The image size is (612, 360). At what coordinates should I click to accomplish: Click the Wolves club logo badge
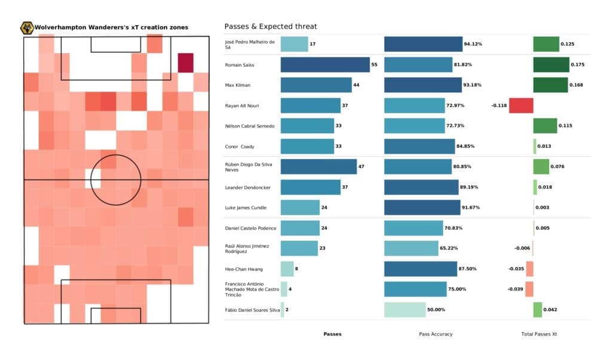click(27, 28)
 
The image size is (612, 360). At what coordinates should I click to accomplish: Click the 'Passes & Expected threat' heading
click(270, 26)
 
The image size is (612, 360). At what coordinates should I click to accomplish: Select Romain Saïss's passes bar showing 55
click(325, 65)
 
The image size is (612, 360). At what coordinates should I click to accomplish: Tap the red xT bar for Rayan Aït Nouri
click(521, 105)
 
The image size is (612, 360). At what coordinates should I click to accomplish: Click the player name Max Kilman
click(238, 85)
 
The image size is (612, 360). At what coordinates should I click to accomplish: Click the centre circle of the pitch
click(117, 179)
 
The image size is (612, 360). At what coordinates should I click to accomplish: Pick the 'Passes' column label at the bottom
click(332, 334)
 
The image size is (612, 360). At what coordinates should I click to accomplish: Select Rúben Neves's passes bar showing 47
click(318, 167)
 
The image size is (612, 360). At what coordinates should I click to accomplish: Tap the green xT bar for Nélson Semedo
click(545, 126)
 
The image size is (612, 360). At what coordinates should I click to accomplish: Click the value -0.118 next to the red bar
click(500, 105)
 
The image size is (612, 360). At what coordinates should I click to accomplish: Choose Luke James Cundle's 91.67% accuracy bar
click(422, 208)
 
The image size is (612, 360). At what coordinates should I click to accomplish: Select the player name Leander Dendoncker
click(247, 187)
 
